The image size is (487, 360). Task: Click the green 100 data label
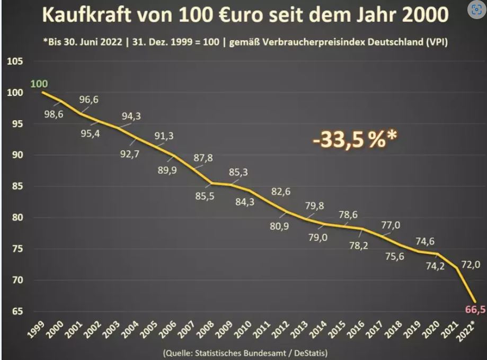coord(39,84)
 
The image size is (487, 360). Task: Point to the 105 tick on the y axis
coord(14,62)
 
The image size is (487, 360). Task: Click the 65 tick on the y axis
coord(17,311)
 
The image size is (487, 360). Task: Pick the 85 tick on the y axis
coord(17,186)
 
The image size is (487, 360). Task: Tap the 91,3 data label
coord(164,136)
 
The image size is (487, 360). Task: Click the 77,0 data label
coord(391,226)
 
